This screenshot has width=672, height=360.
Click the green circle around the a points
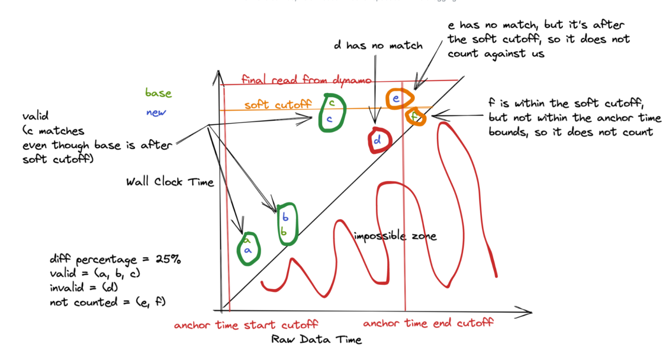point(248,248)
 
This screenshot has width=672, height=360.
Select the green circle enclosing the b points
point(287,224)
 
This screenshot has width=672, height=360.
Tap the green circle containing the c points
point(332,112)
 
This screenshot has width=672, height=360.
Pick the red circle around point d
point(379,140)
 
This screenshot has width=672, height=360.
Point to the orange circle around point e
point(399,99)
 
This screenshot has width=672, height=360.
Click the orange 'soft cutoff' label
point(278,105)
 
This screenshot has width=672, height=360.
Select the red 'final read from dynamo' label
point(306,80)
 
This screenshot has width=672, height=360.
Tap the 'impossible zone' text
point(395,236)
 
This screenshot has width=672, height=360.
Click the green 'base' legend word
point(158,93)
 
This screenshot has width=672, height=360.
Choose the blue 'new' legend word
point(156,112)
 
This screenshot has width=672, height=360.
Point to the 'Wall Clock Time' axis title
point(170,182)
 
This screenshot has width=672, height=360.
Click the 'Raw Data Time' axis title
point(316,339)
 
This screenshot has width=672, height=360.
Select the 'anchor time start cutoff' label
point(246,325)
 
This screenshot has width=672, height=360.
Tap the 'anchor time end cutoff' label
point(428,323)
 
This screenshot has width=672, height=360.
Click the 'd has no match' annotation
point(378,45)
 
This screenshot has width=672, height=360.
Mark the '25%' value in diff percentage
point(168,259)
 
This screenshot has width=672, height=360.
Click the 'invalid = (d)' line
point(84,288)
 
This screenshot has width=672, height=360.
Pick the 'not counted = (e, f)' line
point(108,302)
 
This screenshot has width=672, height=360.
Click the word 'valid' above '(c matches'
point(35,116)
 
